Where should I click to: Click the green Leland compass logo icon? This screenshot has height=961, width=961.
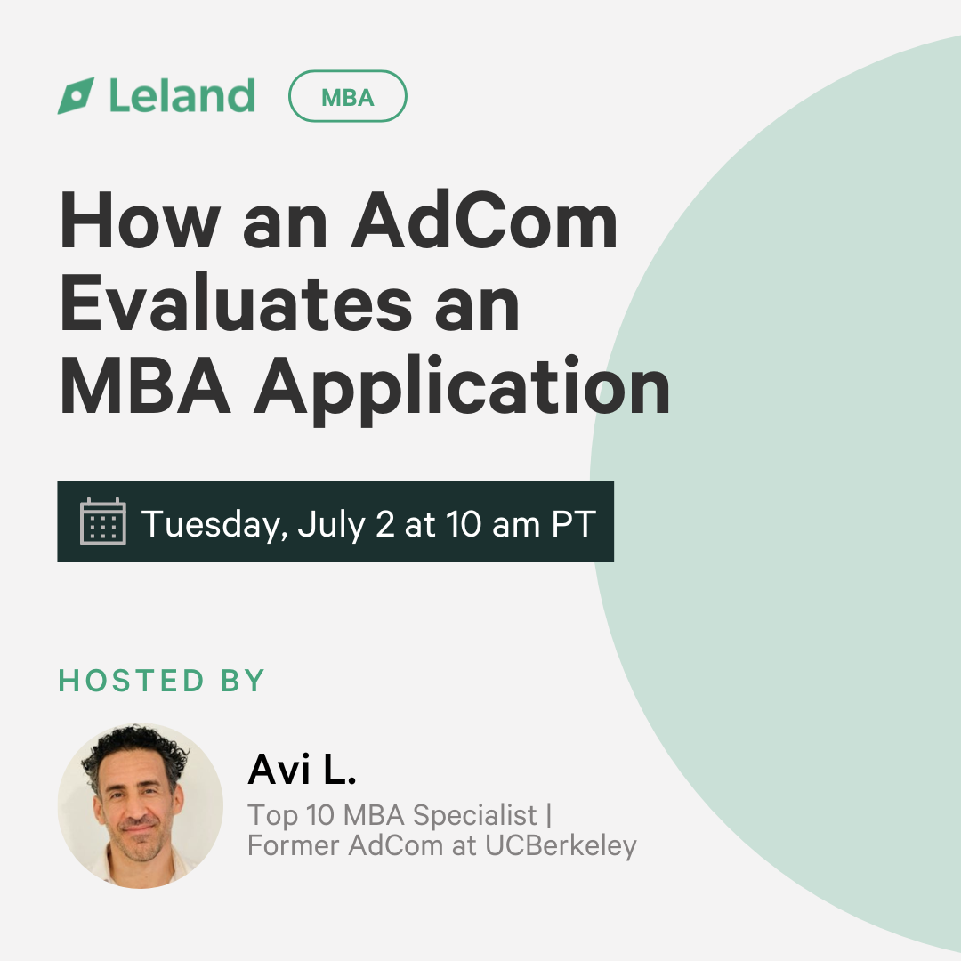pyautogui.click(x=76, y=95)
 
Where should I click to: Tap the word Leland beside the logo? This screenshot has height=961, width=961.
pyautogui.click(x=182, y=95)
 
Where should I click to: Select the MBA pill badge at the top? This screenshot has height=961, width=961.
pyautogui.click(x=348, y=96)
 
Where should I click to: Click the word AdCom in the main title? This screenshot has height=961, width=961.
pyautogui.click(x=483, y=220)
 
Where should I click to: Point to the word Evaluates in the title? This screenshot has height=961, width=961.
pyautogui.click(x=236, y=304)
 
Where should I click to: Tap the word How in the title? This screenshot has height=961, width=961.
pyautogui.click(x=141, y=220)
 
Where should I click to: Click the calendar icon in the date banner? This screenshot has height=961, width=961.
pyautogui.click(x=103, y=521)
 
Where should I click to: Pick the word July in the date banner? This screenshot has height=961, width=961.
pyautogui.click(x=332, y=525)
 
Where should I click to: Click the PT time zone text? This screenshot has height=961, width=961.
pyautogui.click(x=574, y=524)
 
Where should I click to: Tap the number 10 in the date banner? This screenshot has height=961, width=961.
pyautogui.click(x=464, y=524)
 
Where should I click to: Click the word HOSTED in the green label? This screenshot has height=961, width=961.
pyautogui.click(x=131, y=681)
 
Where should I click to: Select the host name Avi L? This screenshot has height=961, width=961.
pyautogui.click(x=302, y=769)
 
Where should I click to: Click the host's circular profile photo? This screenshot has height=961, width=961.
pyautogui.click(x=141, y=806)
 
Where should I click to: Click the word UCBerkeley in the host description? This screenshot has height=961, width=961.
pyautogui.click(x=561, y=846)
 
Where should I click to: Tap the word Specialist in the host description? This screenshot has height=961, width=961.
pyautogui.click(x=475, y=816)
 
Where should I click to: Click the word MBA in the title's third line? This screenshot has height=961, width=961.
pyautogui.click(x=146, y=387)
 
